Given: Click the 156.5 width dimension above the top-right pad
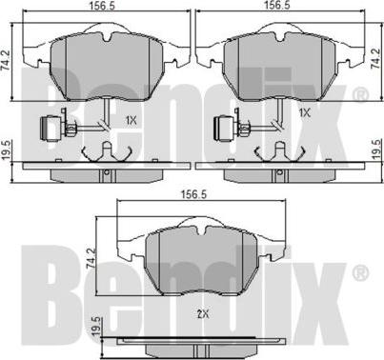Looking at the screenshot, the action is [277, 5].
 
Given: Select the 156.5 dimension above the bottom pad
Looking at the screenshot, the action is [193, 194].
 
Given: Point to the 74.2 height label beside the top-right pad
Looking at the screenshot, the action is [375, 59].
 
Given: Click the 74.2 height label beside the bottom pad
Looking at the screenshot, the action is [91, 259].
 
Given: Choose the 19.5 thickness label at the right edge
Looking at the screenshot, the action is [376, 149].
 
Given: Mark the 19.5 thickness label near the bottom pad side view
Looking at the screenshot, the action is [97, 326].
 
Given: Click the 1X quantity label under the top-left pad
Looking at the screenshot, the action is [131, 121].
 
